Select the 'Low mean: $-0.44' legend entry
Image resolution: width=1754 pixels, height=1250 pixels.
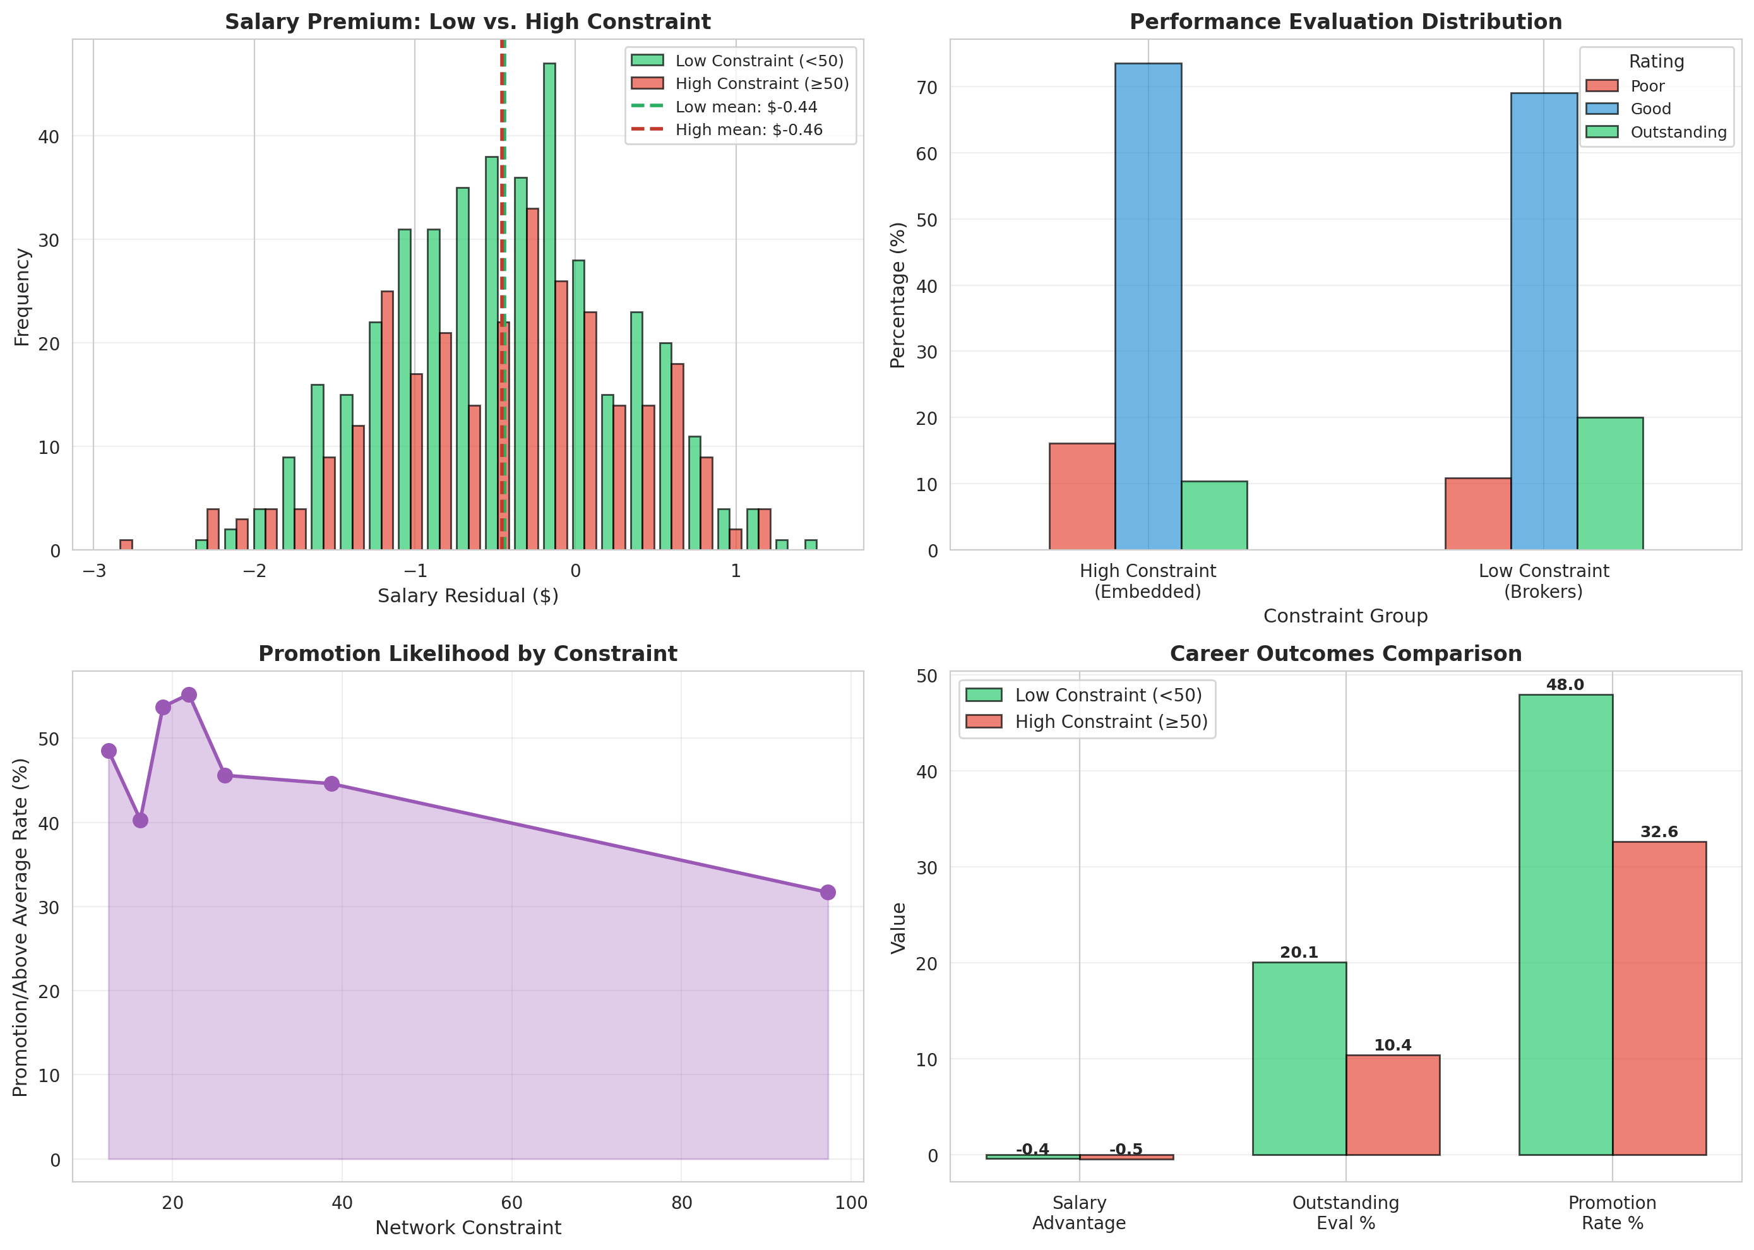[745, 107]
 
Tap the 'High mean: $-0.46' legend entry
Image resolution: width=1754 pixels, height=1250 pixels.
[748, 130]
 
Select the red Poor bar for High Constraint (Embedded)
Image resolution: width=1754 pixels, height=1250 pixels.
[1082, 496]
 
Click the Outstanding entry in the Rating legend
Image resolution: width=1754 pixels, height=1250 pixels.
[1678, 133]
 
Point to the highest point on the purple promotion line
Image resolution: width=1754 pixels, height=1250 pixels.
[189, 695]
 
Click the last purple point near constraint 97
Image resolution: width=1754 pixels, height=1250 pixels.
[827, 892]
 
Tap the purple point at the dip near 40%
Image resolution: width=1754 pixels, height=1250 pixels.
[140, 821]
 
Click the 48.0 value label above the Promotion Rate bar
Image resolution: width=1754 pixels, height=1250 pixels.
[1565, 685]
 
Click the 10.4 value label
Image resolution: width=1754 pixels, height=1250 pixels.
[1392, 1045]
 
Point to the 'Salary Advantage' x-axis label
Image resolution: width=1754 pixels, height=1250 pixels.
[1078, 1212]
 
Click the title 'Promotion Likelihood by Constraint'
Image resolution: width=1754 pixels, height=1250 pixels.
[467, 653]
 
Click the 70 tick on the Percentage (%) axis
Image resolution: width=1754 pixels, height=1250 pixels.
[927, 88]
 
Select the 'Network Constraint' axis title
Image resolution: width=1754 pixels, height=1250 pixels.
[467, 1228]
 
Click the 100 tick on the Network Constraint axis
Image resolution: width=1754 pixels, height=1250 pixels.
[850, 1203]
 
